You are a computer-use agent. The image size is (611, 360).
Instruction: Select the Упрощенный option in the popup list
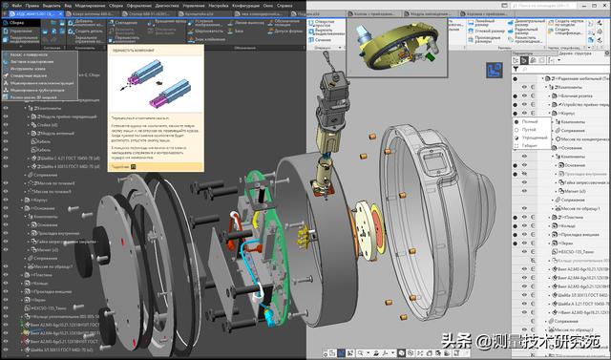(536, 138)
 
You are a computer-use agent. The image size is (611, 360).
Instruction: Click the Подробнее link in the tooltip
(119, 165)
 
